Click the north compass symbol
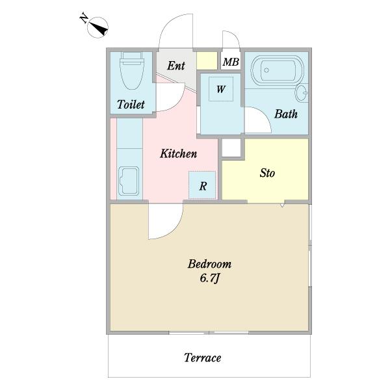click(97, 27)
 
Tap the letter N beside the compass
click(84, 19)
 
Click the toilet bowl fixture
click(131, 70)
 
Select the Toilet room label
click(131, 105)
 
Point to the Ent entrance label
click(176, 66)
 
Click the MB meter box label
click(231, 62)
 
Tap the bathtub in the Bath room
click(277, 71)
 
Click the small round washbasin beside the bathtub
click(302, 93)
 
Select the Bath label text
click(286, 114)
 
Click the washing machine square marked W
click(221, 89)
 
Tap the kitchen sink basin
click(129, 181)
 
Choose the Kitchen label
click(178, 153)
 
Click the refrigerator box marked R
click(202, 185)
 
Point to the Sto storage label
click(267, 173)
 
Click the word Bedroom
click(209, 264)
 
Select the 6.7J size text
click(209, 278)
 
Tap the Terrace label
click(202, 358)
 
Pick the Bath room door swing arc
click(264, 115)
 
